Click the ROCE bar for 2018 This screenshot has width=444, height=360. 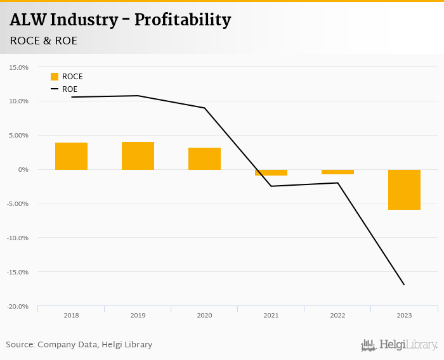pos(71,156)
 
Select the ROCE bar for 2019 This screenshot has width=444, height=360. pos(138,156)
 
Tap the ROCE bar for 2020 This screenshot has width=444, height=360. pos(204,158)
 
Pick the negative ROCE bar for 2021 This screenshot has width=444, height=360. pos(271,172)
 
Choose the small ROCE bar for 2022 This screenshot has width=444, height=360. pos(337,172)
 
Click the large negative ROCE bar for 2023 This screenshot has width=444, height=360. pos(404,190)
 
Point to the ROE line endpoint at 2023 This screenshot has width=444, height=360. pos(404,285)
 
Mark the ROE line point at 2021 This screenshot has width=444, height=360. pos(271,186)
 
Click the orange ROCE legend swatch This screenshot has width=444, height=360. pos(55,77)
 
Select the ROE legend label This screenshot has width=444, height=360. pos(70,89)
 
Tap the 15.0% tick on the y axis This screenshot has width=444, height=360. pos(19,67)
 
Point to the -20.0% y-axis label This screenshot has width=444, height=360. pos(18,307)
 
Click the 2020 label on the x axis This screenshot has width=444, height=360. pos(204,315)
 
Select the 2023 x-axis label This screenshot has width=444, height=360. pos(404,315)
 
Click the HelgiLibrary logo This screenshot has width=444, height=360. pos(399,345)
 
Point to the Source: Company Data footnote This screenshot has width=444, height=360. pos(79,345)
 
